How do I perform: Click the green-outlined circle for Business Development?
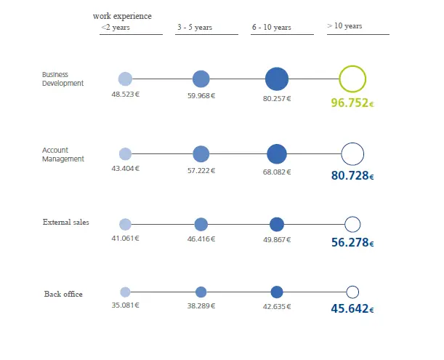coord(352,79)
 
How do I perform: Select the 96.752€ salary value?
coord(352,103)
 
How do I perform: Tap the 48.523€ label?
coord(125,95)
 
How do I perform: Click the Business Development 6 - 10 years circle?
coord(277,79)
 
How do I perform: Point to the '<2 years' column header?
coord(116,28)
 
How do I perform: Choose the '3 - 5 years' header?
coord(195,28)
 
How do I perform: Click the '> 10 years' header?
coord(344,26)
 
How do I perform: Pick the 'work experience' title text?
coord(123,16)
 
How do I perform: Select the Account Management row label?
coord(63,155)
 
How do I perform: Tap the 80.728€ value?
coord(352,176)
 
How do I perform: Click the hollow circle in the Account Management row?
coord(352,154)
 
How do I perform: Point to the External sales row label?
coord(66,222)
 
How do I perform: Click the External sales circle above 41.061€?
coord(125,225)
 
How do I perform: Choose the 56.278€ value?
coord(352,243)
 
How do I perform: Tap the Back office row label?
coord(63,294)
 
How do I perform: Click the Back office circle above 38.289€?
coord(201,292)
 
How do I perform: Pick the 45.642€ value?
coord(352,308)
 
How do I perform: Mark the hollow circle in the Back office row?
coord(352,292)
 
